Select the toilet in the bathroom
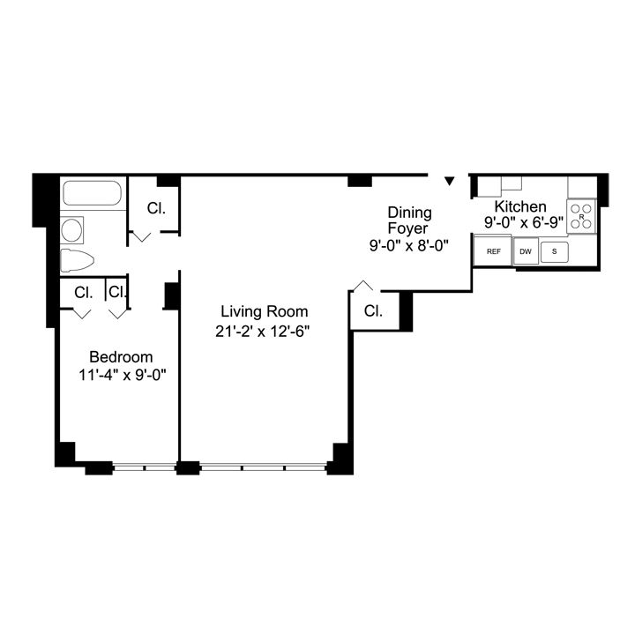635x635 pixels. [77, 261]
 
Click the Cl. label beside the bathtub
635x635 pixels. [156, 209]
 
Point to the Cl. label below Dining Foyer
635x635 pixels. [373, 311]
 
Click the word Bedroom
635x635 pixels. [121, 357]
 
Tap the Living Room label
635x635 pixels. [264, 311]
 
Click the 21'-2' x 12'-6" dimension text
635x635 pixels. [264, 331]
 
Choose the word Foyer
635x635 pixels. [410, 228]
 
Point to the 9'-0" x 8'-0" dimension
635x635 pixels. [410, 246]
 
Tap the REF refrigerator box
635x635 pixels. [493, 251]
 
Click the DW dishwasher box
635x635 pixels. [526, 251]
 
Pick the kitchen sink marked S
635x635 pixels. [555, 251]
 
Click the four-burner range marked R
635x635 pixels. [581, 216]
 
